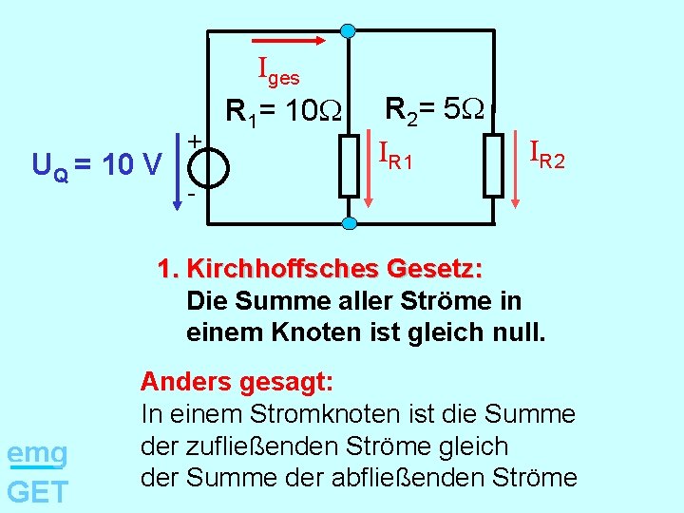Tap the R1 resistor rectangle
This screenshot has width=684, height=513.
[349, 165]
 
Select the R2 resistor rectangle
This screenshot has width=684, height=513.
[493, 165]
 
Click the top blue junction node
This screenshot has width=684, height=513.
[349, 30]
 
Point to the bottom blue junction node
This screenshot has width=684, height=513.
[349, 224]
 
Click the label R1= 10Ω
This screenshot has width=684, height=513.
[285, 112]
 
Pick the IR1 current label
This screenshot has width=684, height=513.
[395, 155]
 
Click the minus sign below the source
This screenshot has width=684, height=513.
[191, 195]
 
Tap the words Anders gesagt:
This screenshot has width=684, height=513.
[237, 382]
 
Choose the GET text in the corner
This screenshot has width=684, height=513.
[37, 491]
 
